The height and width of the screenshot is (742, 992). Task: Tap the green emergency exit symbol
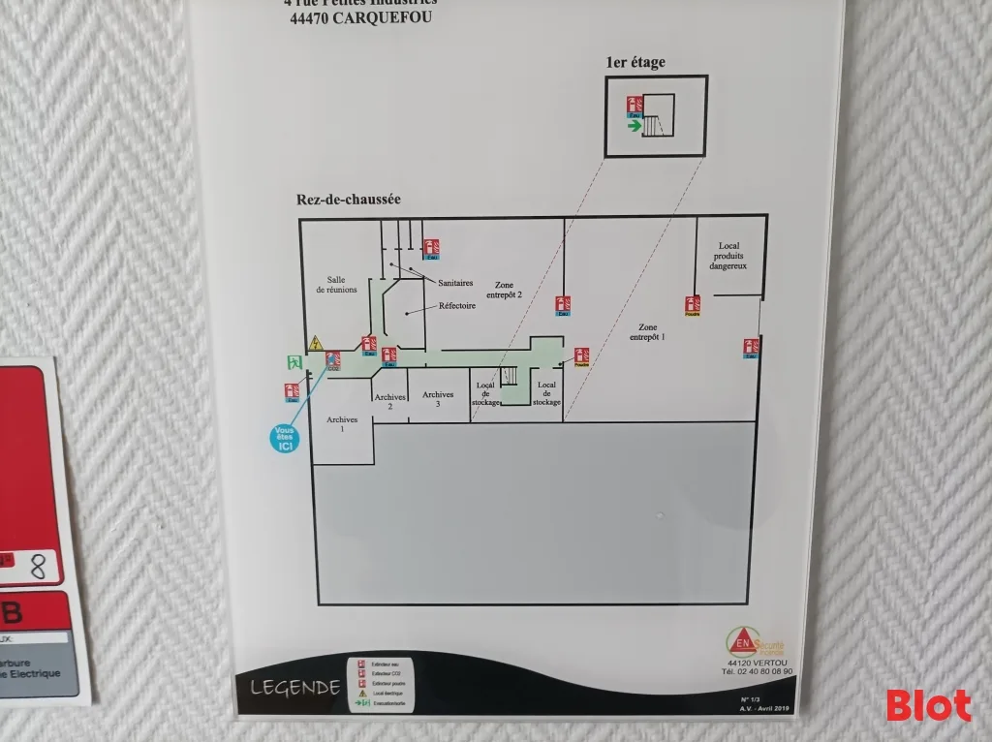click(293, 363)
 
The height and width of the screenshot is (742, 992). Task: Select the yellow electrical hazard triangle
click(316, 342)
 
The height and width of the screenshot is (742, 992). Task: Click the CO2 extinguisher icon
click(333, 361)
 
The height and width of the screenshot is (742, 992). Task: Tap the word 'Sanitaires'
click(455, 283)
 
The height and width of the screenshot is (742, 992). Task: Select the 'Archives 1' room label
click(342, 424)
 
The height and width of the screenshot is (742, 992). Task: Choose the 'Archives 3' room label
click(438, 398)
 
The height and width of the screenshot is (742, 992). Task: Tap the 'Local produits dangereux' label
click(728, 256)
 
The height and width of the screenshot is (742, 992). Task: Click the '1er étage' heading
click(635, 63)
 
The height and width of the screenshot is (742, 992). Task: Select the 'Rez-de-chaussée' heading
click(349, 200)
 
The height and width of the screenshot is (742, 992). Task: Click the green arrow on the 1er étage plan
click(635, 125)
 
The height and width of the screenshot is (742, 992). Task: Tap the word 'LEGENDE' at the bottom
click(294, 688)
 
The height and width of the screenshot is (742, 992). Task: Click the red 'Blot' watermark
click(928, 705)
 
